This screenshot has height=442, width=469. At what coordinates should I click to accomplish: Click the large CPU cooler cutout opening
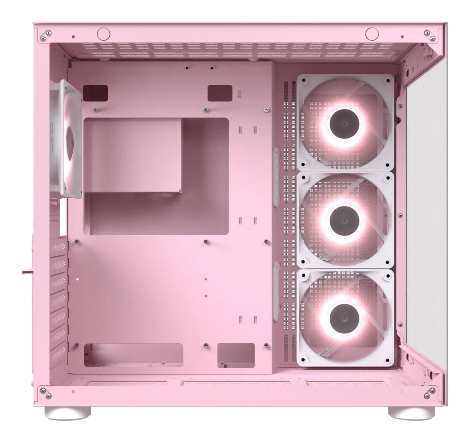click(155, 176)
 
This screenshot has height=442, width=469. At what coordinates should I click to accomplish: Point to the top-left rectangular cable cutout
click(95, 92)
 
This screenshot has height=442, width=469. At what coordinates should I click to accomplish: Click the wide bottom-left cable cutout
click(133, 355)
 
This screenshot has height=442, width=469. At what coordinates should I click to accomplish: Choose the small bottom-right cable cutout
click(236, 355)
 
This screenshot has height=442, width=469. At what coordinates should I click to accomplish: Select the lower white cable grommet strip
click(276, 286)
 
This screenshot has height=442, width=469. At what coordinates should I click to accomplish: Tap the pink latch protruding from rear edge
click(29, 271)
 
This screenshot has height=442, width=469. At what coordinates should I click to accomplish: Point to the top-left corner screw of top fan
click(304, 80)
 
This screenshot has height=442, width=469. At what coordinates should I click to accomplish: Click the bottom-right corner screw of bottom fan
click(387, 360)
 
